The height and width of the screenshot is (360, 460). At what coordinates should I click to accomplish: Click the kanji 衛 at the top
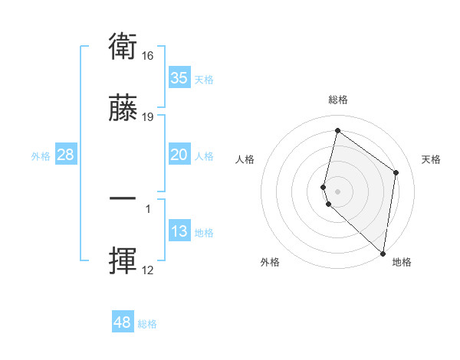click(x=123, y=47)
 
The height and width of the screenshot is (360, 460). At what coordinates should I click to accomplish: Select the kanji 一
click(x=123, y=198)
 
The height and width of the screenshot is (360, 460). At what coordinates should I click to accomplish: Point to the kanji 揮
click(x=123, y=260)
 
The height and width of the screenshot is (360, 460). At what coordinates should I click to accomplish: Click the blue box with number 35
click(x=179, y=78)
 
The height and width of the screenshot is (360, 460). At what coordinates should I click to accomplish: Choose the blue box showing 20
click(x=179, y=155)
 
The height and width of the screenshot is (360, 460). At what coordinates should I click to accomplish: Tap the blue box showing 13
click(x=179, y=231)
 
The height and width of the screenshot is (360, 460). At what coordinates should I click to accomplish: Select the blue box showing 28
click(x=66, y=155)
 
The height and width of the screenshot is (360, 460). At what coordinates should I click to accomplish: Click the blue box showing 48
click(x=123, y=322)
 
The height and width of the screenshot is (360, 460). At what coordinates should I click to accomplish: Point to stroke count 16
click(x=149, y=55)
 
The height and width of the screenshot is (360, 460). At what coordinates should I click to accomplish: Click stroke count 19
click(x=149, y=116)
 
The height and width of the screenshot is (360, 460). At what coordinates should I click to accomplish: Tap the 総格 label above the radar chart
click(x=338, y=100)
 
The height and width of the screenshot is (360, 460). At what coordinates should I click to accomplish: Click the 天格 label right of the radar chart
click(x=431, y=159)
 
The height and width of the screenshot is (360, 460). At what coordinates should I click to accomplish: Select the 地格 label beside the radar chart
click(x=402, y=262)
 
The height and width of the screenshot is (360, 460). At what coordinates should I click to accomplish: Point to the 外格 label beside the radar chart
click(x=270, y=262)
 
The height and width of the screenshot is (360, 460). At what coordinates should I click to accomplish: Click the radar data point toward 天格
click(x=396, y=172)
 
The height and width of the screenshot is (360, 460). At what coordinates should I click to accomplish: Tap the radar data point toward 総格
click(x=337, y=131)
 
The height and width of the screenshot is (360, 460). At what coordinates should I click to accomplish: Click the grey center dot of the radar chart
click(x=337, y=191)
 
